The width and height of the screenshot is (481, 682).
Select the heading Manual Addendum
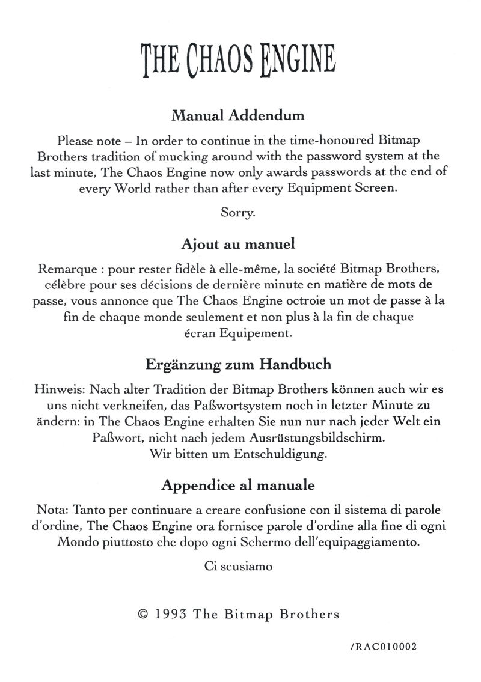point(238,114)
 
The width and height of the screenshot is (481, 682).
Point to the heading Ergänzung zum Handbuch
point(238,364)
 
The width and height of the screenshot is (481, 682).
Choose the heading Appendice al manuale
point(238,483)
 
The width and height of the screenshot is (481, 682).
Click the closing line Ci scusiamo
point(239,565)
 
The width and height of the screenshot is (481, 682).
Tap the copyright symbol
point(143,614)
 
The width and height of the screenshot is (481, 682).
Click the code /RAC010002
point(382,648)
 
